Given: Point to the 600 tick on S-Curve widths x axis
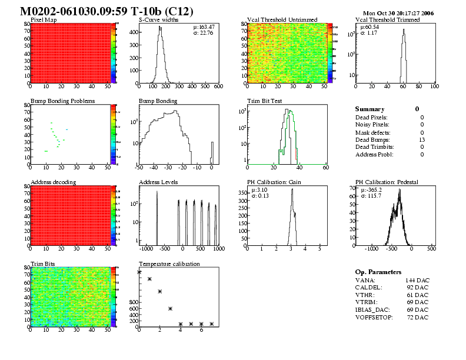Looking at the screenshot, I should point(217,86).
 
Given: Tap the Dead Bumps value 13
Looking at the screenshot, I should point(422,139).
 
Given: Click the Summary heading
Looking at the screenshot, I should point(370,109).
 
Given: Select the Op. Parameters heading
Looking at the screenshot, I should point(378,272).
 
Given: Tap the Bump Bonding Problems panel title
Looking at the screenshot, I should point(62,101).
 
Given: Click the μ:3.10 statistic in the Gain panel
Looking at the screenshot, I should point(259,190).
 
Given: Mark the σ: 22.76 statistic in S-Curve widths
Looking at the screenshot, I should point(203,33).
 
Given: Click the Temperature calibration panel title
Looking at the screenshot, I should point(169,264).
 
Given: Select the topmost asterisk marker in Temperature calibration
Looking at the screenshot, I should point(139,272).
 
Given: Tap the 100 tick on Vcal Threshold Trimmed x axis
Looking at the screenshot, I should point(434,86).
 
